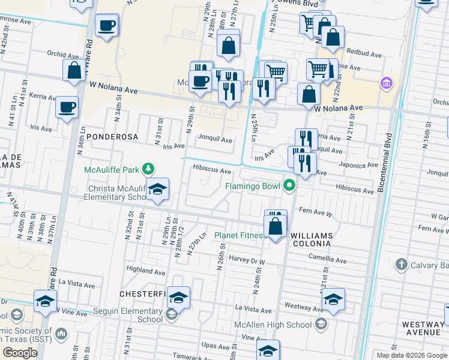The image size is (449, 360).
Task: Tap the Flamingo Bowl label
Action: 252,186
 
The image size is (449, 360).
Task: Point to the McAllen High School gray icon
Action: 321,325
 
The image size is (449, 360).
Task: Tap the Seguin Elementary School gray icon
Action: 171,313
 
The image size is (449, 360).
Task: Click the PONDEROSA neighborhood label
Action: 112,137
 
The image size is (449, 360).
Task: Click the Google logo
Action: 20,353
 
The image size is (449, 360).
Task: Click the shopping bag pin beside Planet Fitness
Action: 276,227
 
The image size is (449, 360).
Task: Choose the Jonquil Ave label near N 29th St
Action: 215,140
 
